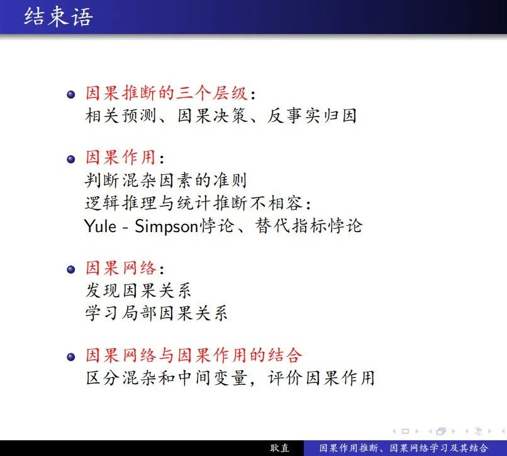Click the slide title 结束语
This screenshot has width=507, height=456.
tap(58, 17)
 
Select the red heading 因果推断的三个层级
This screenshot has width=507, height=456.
tap(167, 93)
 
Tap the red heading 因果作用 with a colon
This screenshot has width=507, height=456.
tap(125, 158)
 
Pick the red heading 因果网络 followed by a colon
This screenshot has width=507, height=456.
tap(125, 268)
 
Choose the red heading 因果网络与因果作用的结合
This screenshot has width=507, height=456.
tap(194, 355)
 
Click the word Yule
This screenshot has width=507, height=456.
tap(100, 226)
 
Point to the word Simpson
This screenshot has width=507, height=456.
tap(166, 226)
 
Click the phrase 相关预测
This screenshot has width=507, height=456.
tap(121, 116)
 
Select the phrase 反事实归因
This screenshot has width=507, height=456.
tap(312, 116)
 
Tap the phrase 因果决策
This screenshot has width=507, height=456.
tap(213, 116)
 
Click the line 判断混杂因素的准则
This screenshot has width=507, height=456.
tap(165, 181)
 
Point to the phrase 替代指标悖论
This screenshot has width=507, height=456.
tap(309, 226)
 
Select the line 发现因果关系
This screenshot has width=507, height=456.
tap(138, 291)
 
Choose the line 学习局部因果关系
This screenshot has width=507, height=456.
tap(156, 313)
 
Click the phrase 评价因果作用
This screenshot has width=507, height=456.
tap(321, 378)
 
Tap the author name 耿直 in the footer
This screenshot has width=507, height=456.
tap(280, 448)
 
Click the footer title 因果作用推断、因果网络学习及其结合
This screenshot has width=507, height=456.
tap(404, 448)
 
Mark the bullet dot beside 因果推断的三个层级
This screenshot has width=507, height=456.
tap(71, 94)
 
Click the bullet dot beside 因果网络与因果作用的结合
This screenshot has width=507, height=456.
tap(71, 357)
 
